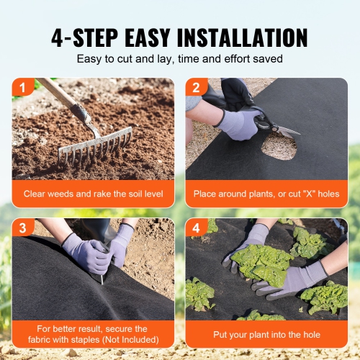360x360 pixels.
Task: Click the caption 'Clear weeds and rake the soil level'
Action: pos(93,194)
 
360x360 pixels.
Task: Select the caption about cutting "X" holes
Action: pos(266,194)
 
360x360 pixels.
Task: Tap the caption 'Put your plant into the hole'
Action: pos(266,335)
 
